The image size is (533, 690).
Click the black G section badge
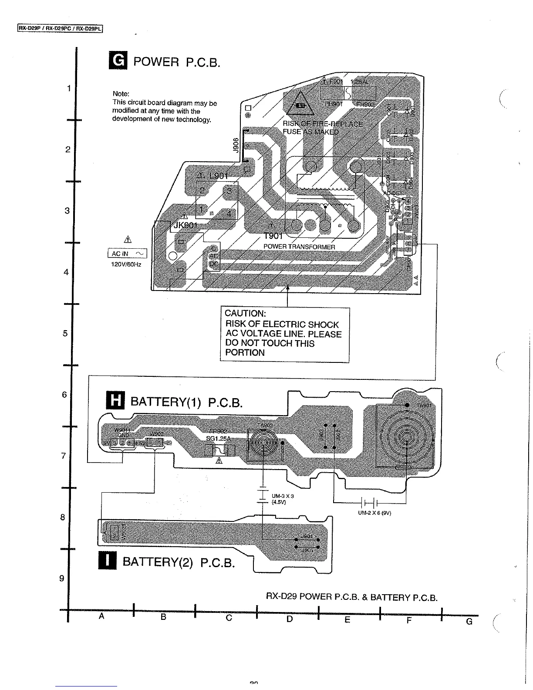(x=118, y=61)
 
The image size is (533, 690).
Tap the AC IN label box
(x=127, y=254)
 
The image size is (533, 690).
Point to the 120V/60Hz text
(x=127, y=264)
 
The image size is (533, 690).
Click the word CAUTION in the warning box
(x=245, y=314)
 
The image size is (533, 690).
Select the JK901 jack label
(x=185, y=225)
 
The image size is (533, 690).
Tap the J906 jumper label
(x=236, y=145)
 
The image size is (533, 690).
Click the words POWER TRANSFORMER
(x=299, y=247)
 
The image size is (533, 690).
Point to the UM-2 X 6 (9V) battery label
(x=374, y=513)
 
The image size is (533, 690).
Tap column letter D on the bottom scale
(x=290, y=619)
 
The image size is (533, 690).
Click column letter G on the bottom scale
(x=469, y=622)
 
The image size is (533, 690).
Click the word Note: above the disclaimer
(x=121, y=94)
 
